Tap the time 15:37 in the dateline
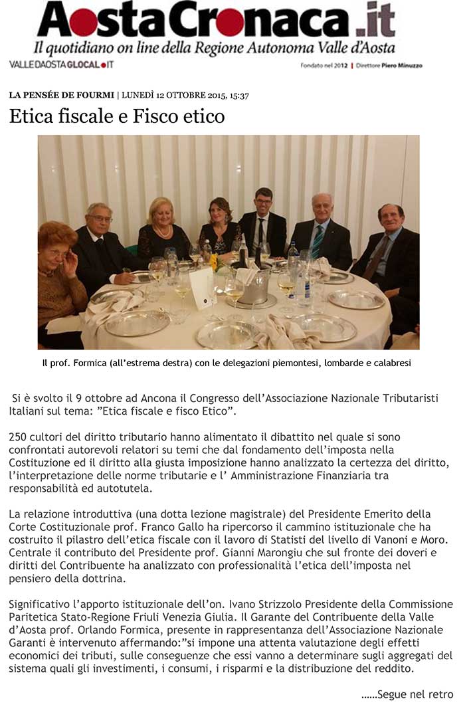[239, 96]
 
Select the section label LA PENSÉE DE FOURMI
[61, 96]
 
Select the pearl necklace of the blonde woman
[162, 232]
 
